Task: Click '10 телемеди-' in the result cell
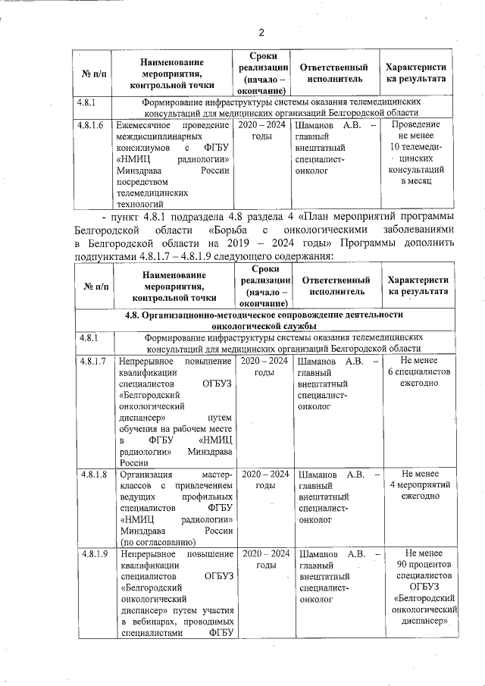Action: point(415,147)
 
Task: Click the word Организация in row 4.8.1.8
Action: point(145,474)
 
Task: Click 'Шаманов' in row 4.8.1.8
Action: point(319,474)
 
